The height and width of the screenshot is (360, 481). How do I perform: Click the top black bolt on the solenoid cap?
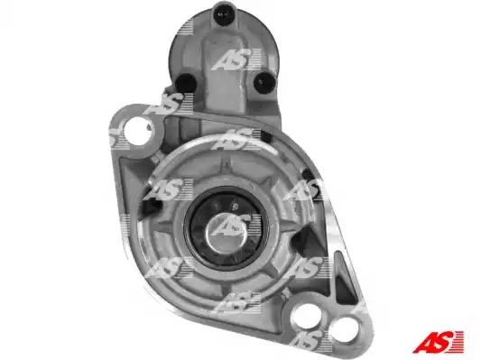pos(223,13)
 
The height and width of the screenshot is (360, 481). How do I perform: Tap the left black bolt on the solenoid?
pos(185,83)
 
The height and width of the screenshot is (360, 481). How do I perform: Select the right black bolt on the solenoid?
pos(264,82)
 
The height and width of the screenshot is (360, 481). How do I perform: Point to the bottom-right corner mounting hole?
pos(347,330)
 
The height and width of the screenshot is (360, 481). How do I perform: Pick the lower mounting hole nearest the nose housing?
pos(306,316)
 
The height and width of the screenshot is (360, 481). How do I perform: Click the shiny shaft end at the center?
pos(227,230)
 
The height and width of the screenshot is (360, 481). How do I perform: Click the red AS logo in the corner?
pos(438,341)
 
